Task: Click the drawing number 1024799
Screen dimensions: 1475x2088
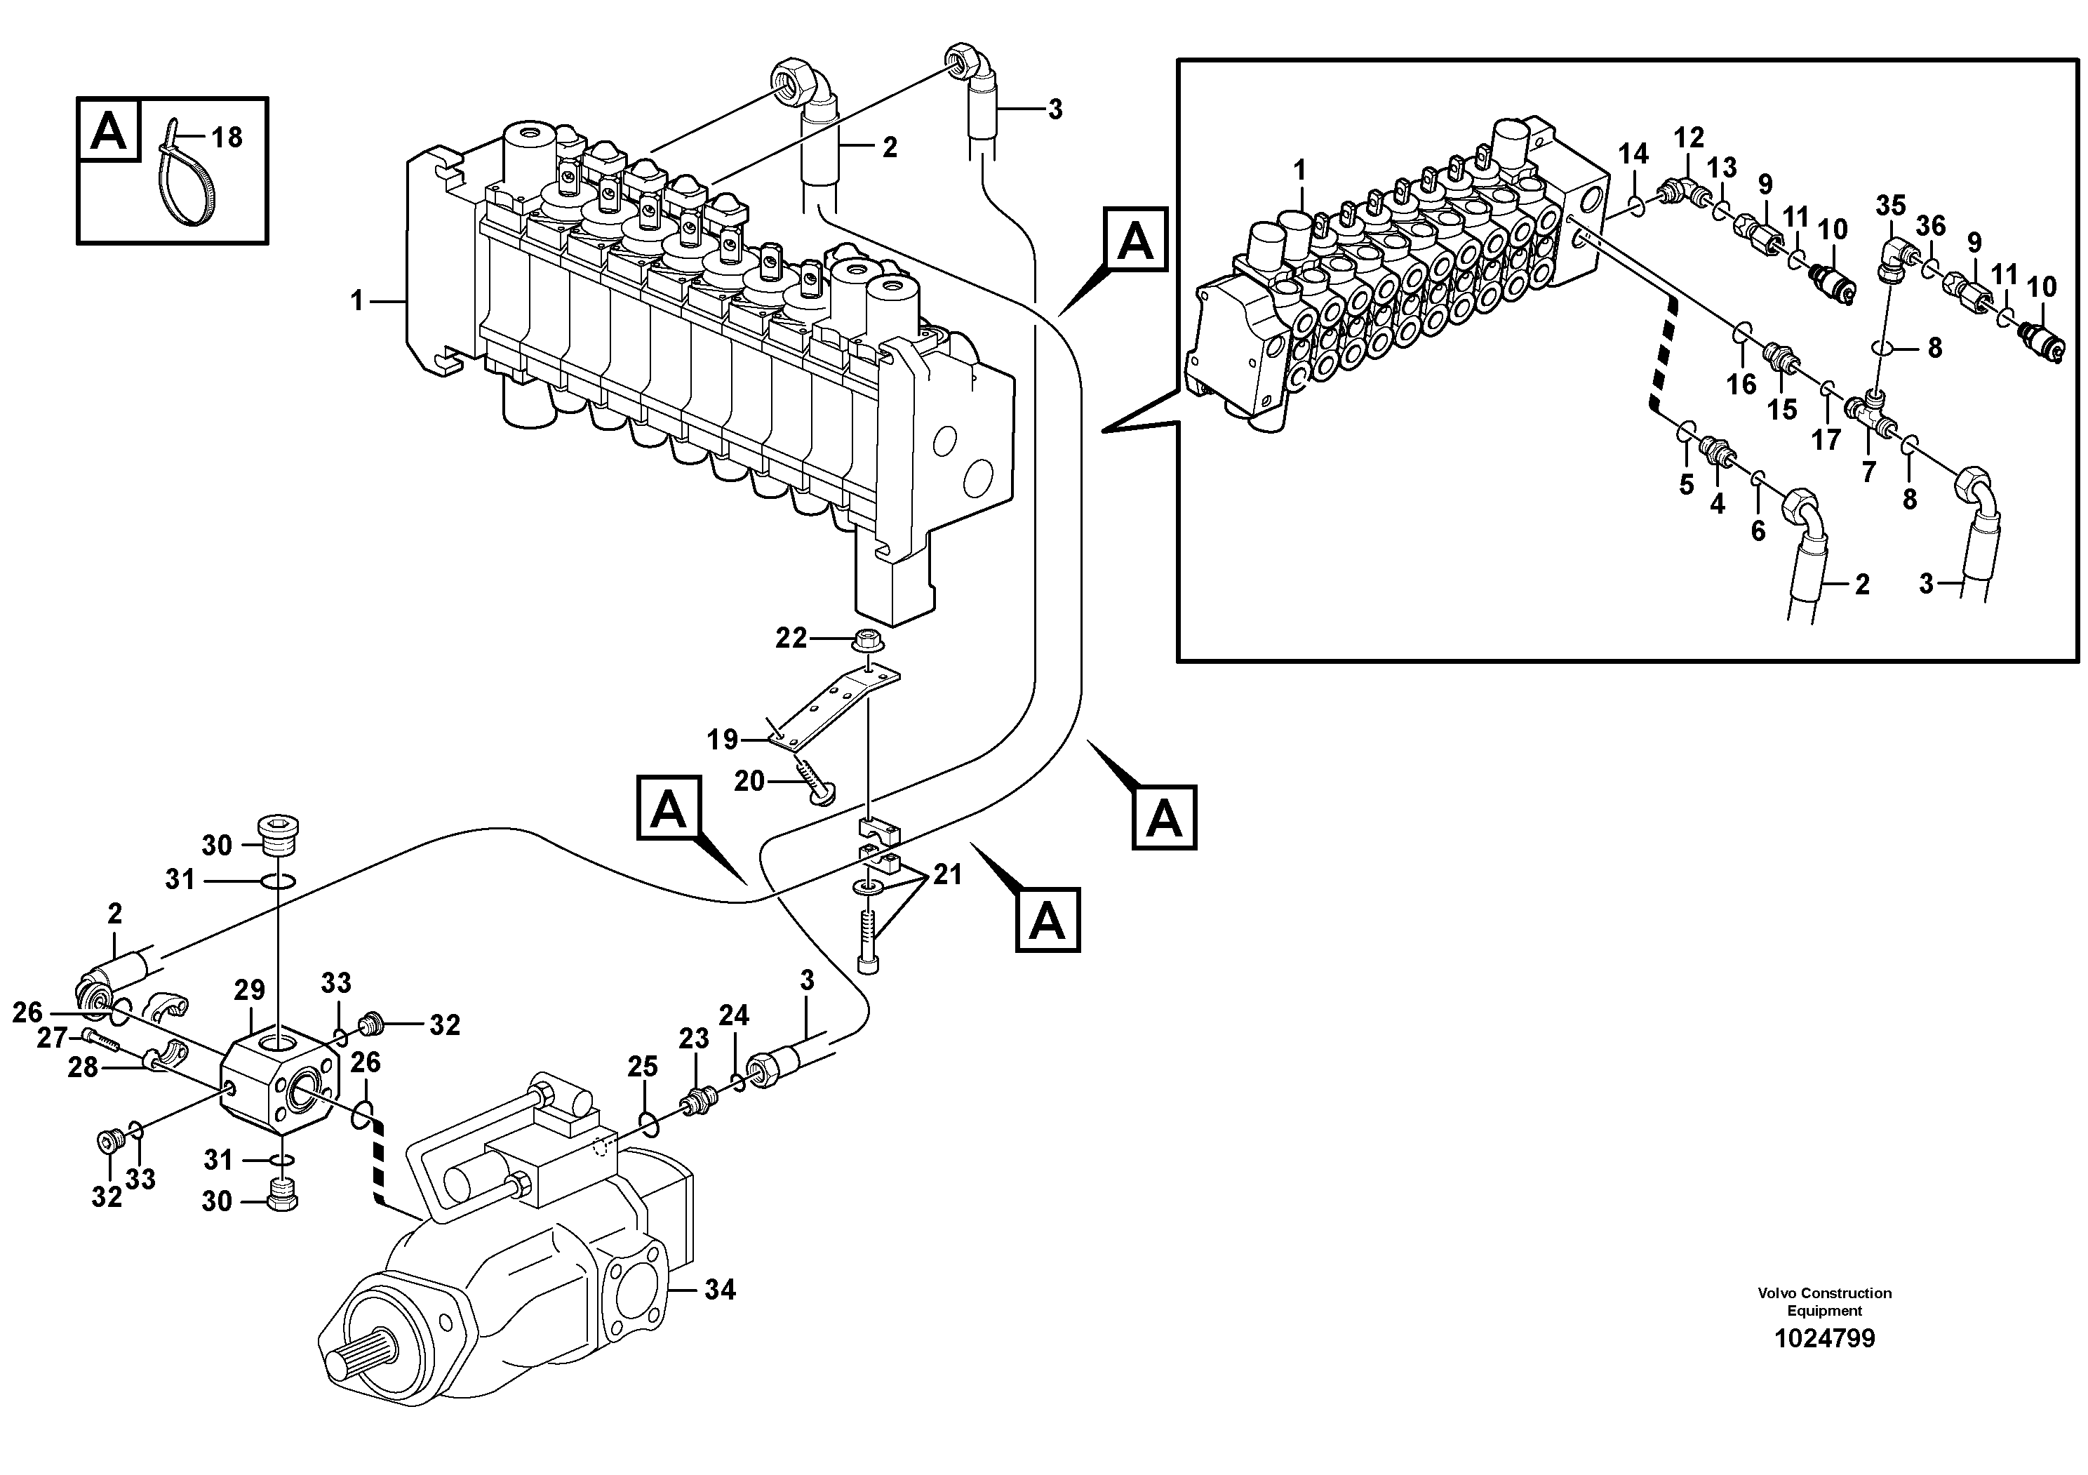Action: point(1824,1340)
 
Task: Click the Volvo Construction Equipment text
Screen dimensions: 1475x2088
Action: point(1824,1301)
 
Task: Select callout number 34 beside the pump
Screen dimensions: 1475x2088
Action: point(721,1290)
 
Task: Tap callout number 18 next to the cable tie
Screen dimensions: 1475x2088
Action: point(227,138)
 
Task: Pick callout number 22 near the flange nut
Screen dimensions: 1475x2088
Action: point(790,639)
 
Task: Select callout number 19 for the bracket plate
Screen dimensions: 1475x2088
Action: point(723,740)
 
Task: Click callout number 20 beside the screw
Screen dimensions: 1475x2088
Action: point(749,781)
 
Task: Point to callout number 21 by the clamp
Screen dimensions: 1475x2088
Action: point(948,875)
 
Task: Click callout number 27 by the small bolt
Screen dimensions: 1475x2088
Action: point(52,1038)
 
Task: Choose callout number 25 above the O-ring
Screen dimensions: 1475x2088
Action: point(643,1067)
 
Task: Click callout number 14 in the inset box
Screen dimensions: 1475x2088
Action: point(1633,154)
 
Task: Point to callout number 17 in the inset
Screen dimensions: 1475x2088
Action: point(1825,440)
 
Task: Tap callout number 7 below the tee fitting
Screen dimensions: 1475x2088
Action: point(1869,471)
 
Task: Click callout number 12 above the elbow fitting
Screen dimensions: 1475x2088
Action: point(1689,138)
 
